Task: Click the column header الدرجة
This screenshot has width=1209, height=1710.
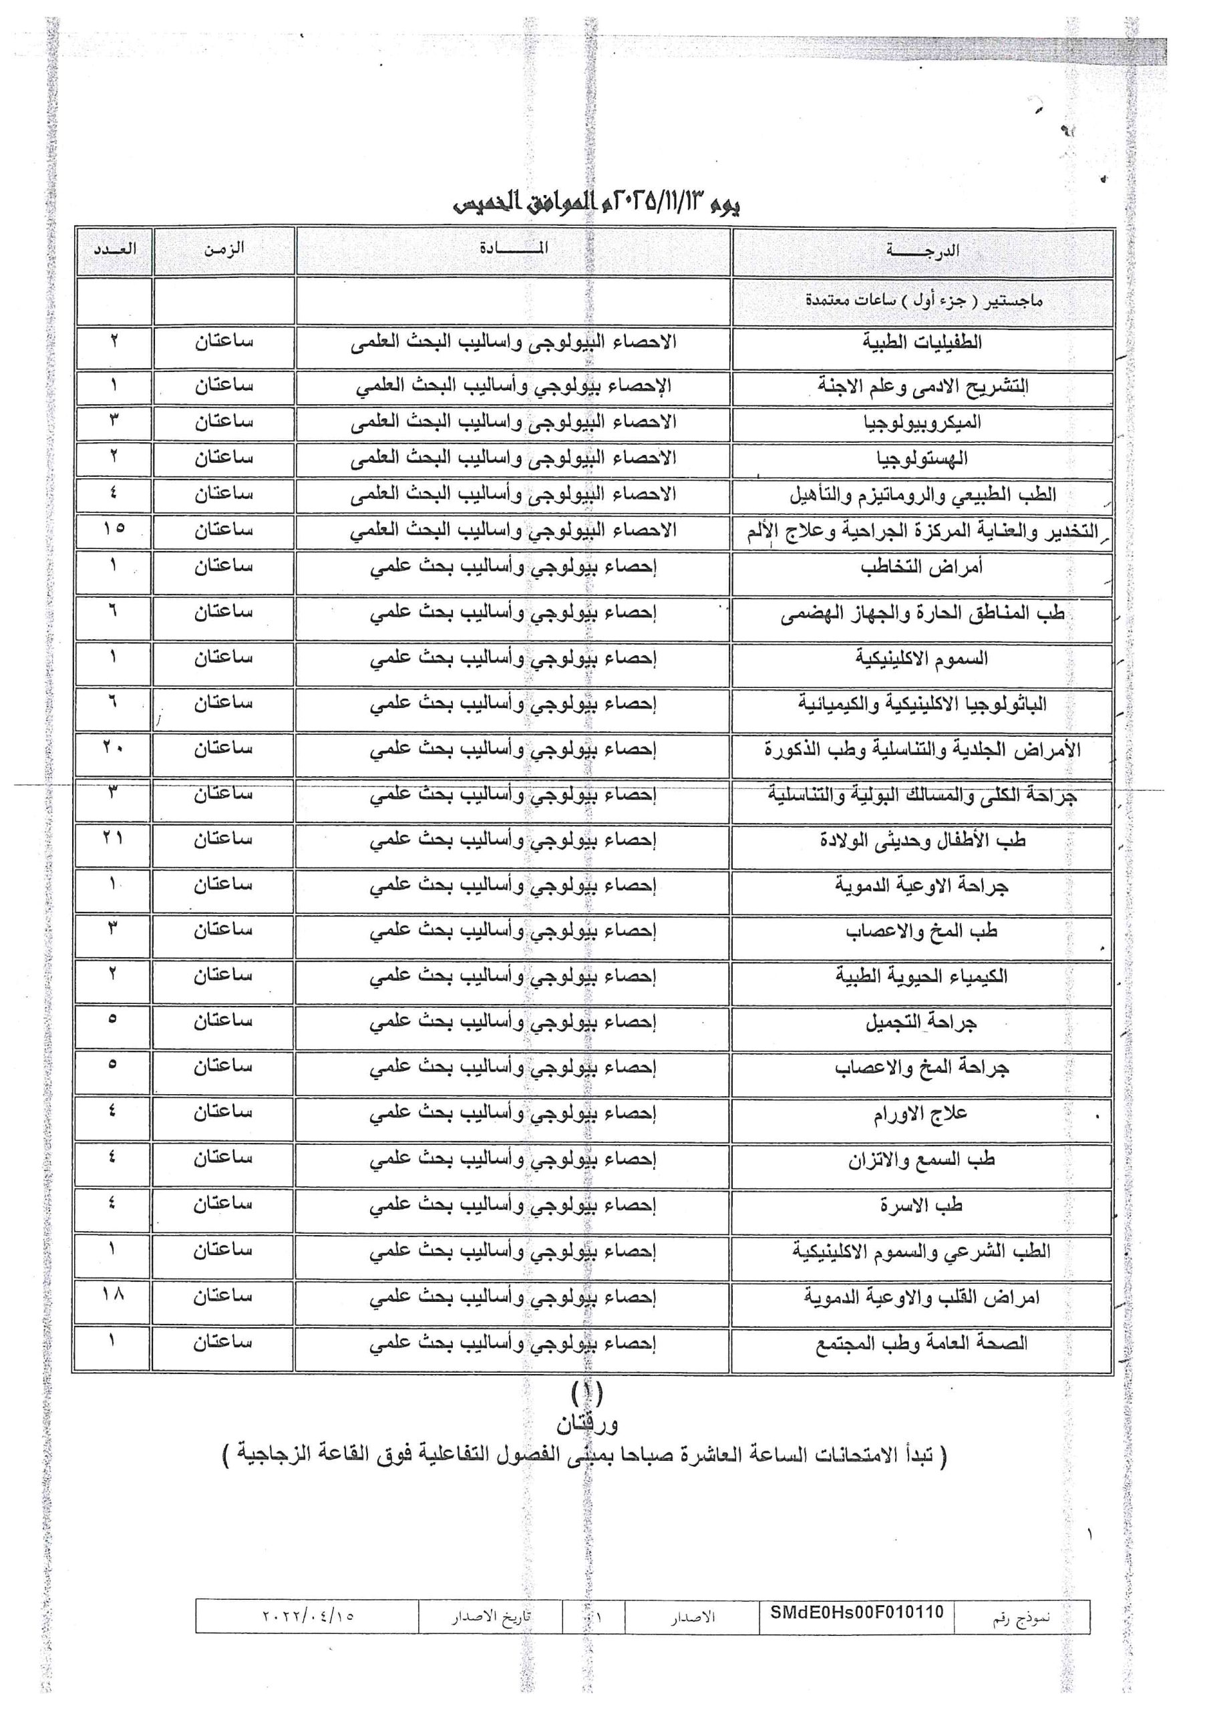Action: (922, 251)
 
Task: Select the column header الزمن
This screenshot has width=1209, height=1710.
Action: (224, 248)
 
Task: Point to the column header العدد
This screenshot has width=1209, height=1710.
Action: (115, 248)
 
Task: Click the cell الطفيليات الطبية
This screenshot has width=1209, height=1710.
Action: (922, 343)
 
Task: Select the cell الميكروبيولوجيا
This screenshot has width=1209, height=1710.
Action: (922, 422)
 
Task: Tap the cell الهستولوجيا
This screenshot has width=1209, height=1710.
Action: (922, 459)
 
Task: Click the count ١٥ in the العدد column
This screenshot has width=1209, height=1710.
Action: (114, 528)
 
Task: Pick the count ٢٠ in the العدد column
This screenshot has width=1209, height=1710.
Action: (114, 747)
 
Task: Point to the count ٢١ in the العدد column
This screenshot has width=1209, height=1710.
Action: (114, 838)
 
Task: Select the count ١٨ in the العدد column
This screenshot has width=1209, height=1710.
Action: (114, 1295)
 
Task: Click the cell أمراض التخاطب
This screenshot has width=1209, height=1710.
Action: (922, 568)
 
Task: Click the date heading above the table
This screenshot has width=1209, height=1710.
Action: (596, 202)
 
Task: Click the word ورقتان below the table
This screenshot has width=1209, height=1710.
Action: (587, 1424)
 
